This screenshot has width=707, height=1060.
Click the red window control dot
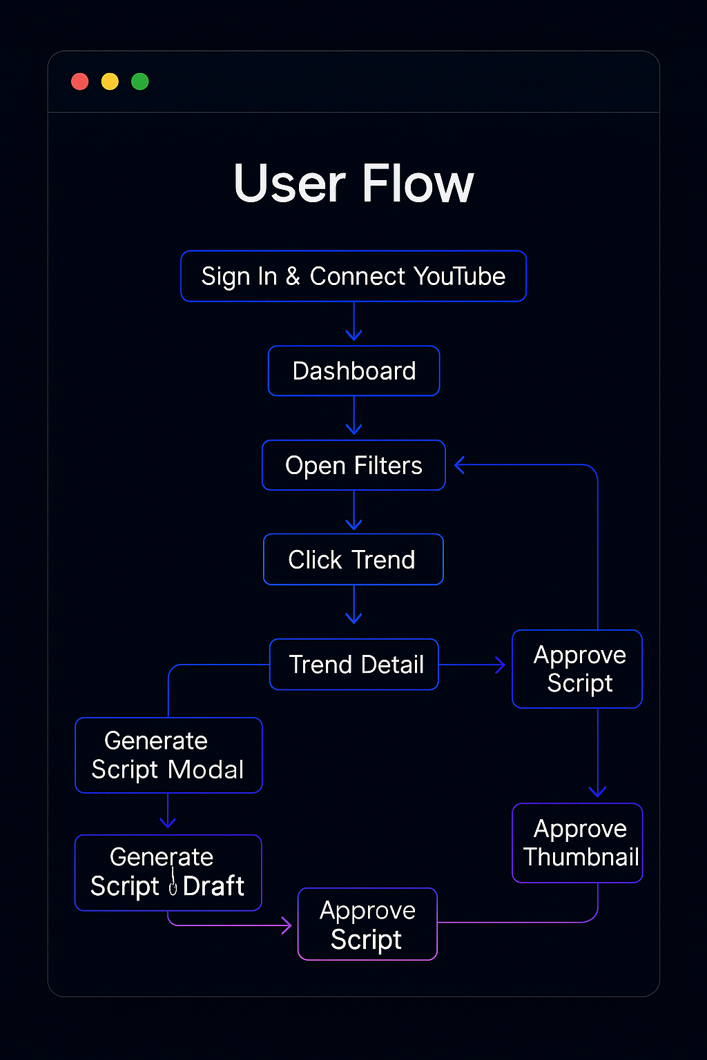[80, 81]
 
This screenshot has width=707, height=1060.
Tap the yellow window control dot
[110, 81]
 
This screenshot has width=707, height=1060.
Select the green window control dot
[140, 81]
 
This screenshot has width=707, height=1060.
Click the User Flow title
[353, 184]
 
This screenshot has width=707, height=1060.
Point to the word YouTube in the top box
[461, 276]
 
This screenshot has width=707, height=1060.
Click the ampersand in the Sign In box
[293, 276]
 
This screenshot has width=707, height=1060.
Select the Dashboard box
[353, 371]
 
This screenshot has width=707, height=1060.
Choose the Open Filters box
[353, 465]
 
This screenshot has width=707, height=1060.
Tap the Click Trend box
[353, 559]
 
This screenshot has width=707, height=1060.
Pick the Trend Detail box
[354, 664]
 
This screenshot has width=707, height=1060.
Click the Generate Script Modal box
[168, 755]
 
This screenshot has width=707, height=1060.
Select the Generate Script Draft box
[168, 872]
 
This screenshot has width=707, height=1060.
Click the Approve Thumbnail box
[577, 843]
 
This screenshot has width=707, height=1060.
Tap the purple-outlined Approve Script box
[367, 924]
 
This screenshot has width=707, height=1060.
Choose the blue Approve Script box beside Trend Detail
[577, 669]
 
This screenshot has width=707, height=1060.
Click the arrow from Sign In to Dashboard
[354, 323]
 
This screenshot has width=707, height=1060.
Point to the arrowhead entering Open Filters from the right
[461, 465]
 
